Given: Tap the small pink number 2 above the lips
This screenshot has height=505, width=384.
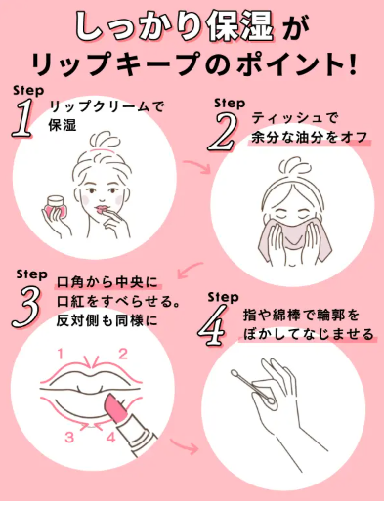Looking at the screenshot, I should point(124,353).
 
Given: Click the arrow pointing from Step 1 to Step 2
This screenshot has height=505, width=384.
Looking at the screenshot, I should point(204,170).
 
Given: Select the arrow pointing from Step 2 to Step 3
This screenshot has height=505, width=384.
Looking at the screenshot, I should point(192,264).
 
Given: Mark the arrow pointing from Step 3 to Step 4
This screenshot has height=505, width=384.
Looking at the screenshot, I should point(192,450).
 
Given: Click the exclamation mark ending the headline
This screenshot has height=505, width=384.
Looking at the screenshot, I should point(349,64).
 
